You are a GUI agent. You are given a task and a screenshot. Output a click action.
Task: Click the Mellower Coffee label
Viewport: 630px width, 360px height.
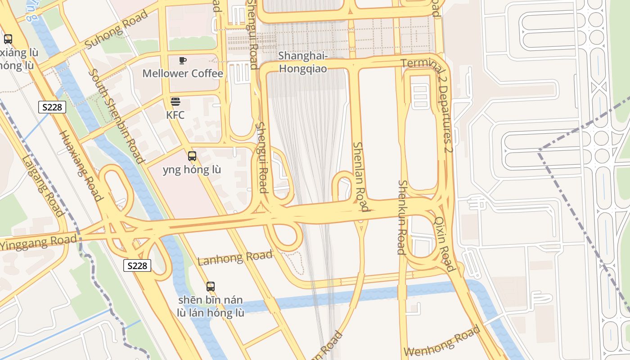pos(183,73)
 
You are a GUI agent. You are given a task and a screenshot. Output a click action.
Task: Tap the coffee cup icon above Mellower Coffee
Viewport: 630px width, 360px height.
pos(182,60)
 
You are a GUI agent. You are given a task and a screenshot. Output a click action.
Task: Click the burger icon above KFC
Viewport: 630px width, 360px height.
pos(175,102)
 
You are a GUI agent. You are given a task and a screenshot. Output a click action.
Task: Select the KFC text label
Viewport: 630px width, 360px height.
pos(175,115)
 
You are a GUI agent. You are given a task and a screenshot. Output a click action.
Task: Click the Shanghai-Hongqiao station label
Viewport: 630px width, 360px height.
pos(302,62)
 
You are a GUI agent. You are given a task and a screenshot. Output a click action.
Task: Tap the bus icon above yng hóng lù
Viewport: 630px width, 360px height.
pos(192,157)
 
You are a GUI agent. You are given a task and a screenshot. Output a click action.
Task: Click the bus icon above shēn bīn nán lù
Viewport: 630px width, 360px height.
pos(210,286)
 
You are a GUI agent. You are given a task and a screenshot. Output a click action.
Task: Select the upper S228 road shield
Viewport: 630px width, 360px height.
pos(53,107)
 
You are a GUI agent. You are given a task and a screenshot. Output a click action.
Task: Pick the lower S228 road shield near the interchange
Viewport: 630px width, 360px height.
pos(137,265)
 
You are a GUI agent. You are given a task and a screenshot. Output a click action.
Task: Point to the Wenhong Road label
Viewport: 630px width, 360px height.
pos(442,342)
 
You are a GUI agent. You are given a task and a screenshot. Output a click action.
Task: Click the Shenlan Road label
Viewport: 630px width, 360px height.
pos(360,176)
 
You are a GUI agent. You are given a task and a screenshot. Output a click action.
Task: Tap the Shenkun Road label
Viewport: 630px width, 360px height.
pos(402,217)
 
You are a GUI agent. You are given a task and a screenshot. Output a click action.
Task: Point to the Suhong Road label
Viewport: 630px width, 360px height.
pos(116,30)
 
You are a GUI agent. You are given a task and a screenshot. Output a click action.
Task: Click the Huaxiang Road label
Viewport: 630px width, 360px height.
pos(81,166)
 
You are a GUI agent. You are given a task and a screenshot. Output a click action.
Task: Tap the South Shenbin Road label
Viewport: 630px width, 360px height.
pos(116,116)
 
